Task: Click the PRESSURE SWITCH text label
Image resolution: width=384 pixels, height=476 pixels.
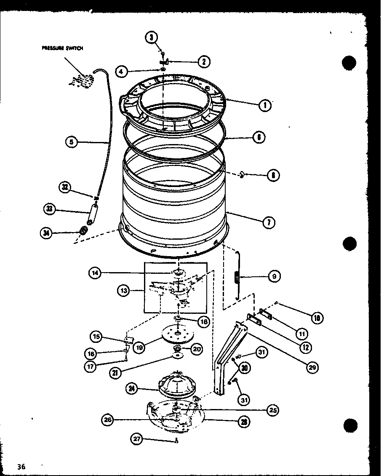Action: (x=62, y=48)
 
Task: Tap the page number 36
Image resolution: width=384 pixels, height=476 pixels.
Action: (x=22, y=466)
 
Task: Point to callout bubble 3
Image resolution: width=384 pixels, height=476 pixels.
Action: (x=151, y=37)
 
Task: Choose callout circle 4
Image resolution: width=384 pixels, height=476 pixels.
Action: (x=122, y=71)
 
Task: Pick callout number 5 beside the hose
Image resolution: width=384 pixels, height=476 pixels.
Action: (x=72, y=142)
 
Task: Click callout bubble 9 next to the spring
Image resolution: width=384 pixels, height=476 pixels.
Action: (x=274, y=277)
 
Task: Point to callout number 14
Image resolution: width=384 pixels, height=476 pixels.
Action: (x=95, y=273)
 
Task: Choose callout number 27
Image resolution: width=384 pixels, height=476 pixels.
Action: (x=137, y=440)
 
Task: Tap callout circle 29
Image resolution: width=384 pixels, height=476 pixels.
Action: (x=312, y=368)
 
